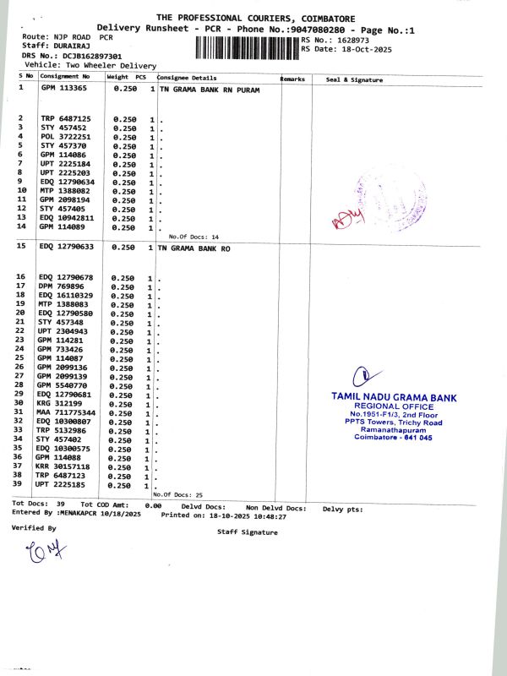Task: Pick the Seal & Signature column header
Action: click(x=354, y=79)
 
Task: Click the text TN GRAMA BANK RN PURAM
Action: click(x=210, y=88)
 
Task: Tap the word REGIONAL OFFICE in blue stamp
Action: click(x=393, y=405)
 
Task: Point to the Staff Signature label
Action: click(x=247, y=532)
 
